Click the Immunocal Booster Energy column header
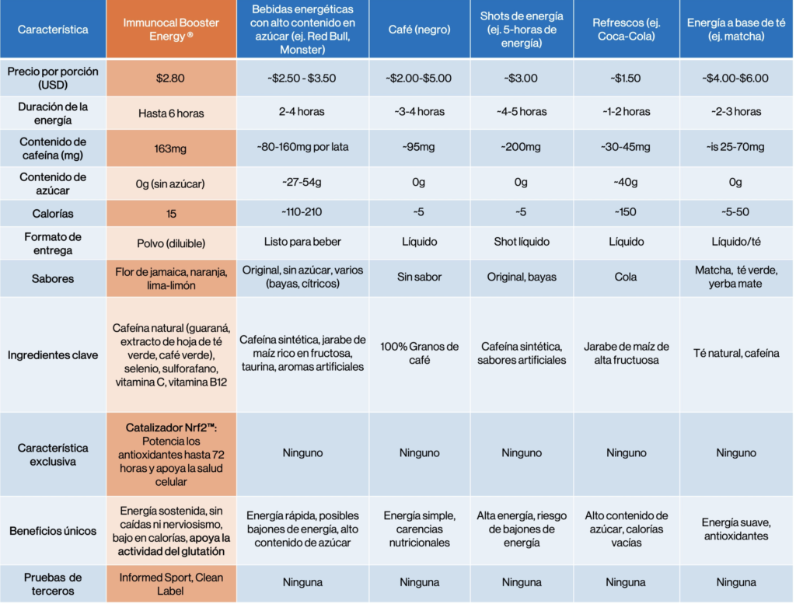(x=171, y=30)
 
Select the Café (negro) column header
(x=419, y=30)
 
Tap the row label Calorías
(x=53, y=213)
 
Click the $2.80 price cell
(x=171, y=78)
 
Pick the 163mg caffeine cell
(x=171, y=148)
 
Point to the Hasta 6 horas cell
(x=171, y=113)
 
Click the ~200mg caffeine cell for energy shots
(x=522, y=148)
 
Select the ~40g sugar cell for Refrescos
(x=626, y=183)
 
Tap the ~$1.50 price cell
(x=626, y=78)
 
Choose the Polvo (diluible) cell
(x=171, y=243)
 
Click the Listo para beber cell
(x=302, y=243)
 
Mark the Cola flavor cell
(x=626, y=277)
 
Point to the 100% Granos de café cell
(x=419, y=353)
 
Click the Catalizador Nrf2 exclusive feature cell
(x=171, y=454)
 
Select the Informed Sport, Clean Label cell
(x=171, y=582)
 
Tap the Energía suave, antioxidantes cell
(x=735, y=529)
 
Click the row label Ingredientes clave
(x=53, y=355)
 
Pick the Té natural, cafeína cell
(x=735, y=353)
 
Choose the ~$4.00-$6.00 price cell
(x=735, y=78)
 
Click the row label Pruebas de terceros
(x=53, y=583)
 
